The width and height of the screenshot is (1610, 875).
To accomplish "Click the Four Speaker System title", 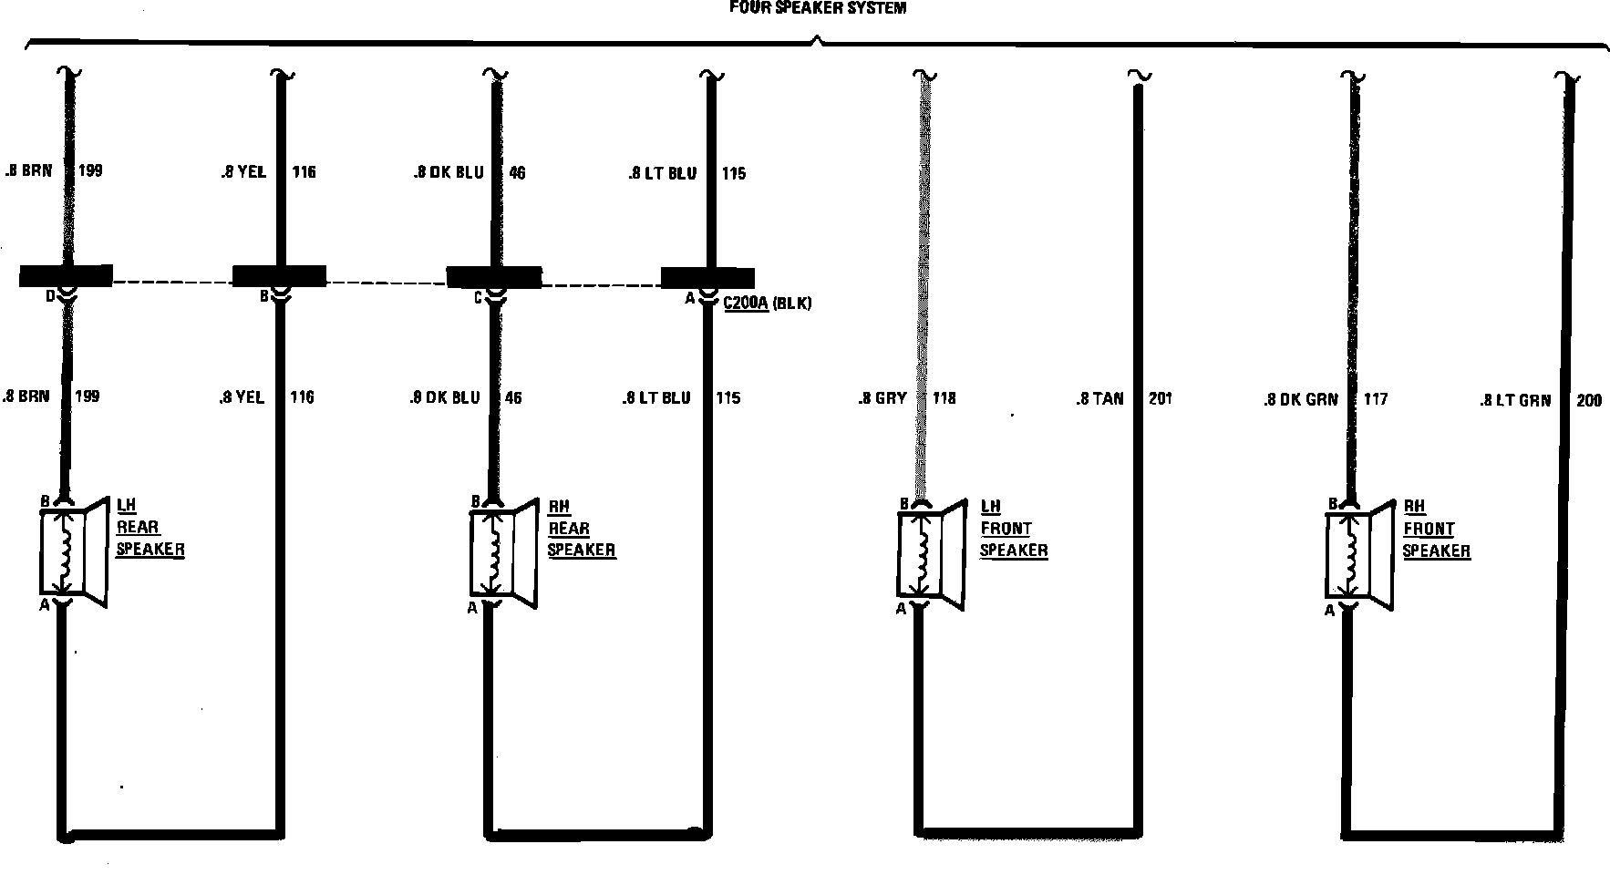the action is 818,8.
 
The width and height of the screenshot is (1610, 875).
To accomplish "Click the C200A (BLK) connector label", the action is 767,303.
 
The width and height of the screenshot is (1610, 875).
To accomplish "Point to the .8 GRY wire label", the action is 882,398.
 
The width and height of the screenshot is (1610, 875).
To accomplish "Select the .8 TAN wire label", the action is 1099,398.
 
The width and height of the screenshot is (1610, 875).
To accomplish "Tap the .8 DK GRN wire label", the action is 1300,399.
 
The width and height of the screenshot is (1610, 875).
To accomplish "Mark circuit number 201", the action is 1161,398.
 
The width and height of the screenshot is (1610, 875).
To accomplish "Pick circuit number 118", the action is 944,398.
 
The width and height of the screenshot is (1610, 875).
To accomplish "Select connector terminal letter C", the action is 478,297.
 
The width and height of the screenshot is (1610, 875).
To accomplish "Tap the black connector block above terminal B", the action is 279,275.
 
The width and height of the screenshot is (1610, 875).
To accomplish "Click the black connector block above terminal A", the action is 707,277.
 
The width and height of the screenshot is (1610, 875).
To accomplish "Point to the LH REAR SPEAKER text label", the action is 150,528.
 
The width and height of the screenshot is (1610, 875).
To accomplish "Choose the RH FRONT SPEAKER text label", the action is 1436,529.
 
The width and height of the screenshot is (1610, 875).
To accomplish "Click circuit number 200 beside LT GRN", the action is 1588,400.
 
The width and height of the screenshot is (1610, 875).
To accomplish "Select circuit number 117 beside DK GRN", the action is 1376,399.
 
